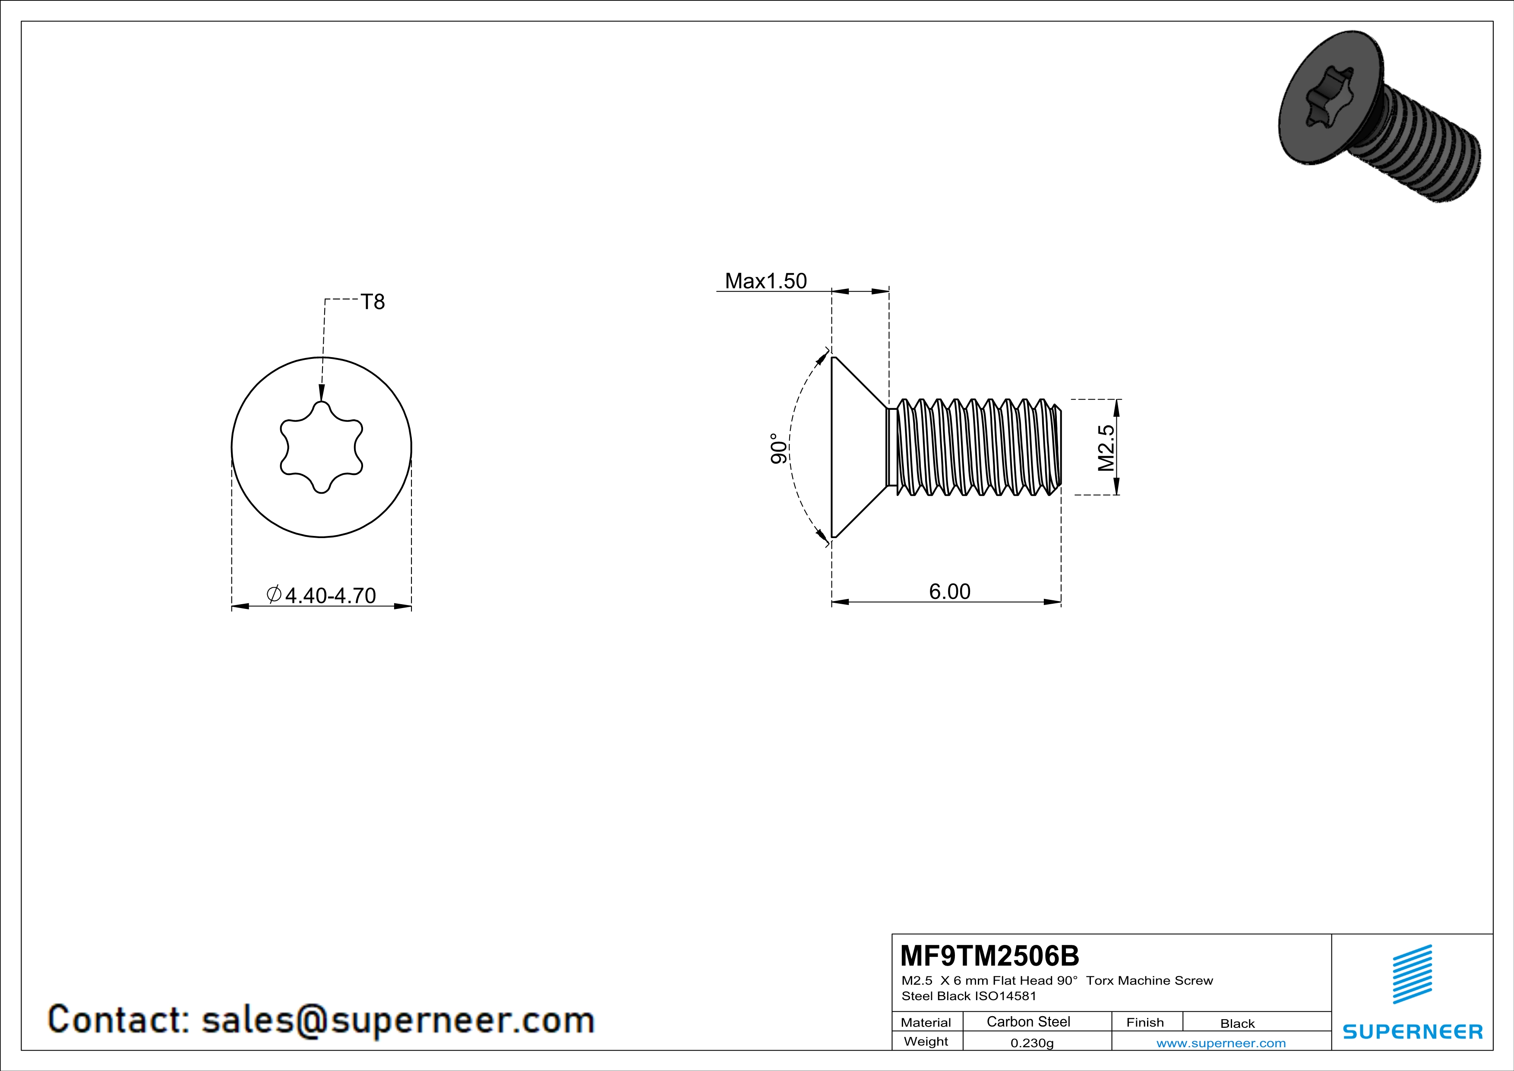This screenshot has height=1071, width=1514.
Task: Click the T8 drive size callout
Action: pos(373,302)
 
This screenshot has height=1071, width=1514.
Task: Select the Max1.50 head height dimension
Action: pos(765,281)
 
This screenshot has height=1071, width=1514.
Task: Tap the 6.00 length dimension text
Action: pos(950,592)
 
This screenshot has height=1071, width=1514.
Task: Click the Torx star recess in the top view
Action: pos(321,447)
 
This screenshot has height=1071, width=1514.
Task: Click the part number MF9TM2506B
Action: pos(989,955)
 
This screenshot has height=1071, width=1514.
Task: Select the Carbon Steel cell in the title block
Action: pos(1028,1021)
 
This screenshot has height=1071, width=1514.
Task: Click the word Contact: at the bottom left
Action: pos(119,1020)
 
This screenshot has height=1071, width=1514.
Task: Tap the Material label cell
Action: pos(926,1022)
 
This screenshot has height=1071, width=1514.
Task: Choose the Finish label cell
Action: pos(1145,1022)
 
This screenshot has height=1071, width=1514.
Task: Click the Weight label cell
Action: pos(926,1041)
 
